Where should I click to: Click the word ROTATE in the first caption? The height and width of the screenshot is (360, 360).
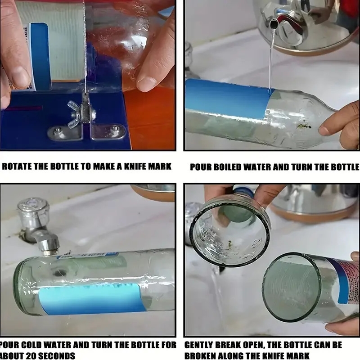[x=17, y=166]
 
